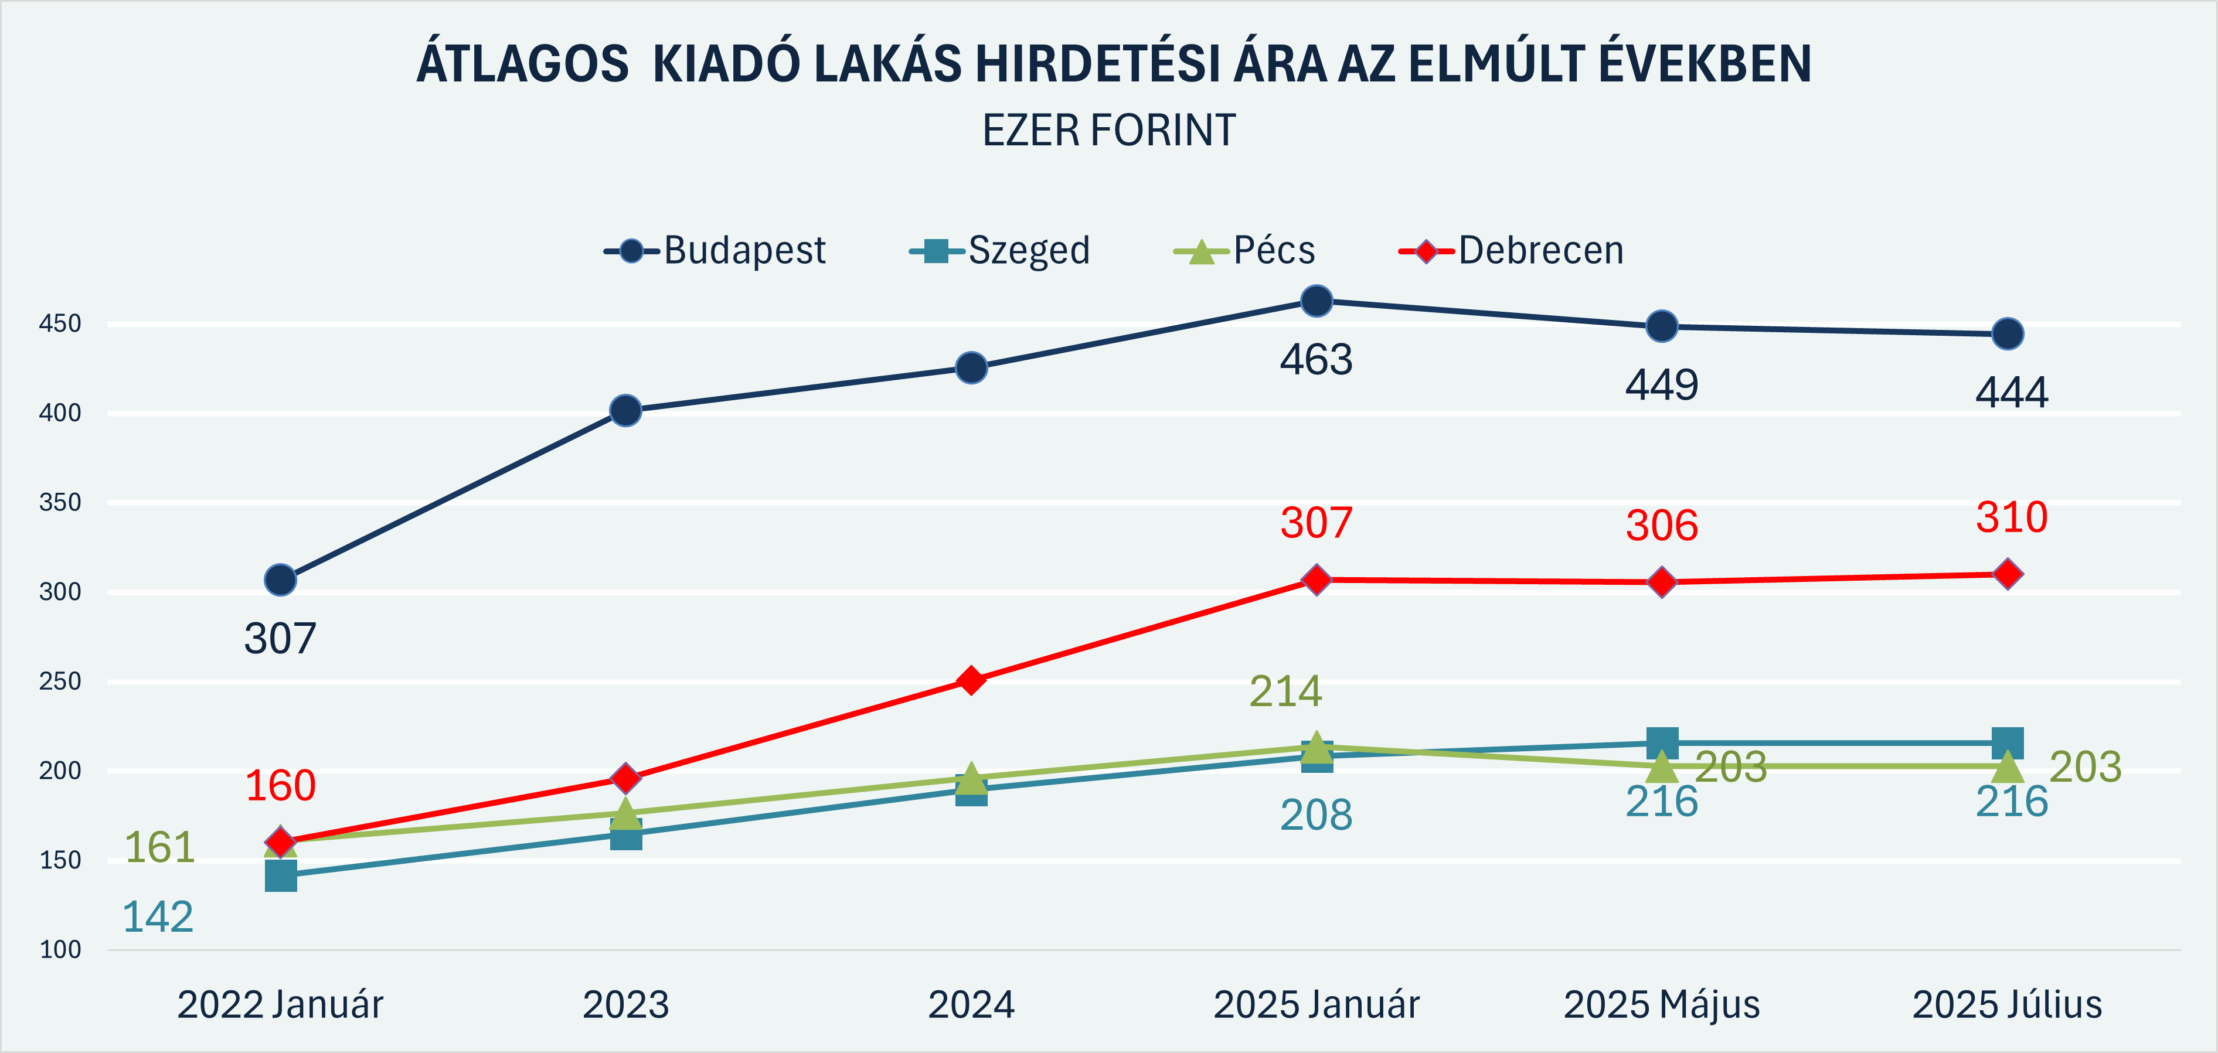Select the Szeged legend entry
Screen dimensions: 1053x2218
[x=1001, y=251]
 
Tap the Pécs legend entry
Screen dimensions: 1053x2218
[x=1245, y=251]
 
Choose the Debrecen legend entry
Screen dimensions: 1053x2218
[x=1512, y=251]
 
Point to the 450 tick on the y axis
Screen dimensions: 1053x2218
[x=60, y=323]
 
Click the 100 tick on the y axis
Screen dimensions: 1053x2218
[x=60, y=950]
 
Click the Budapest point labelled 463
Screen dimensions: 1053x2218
[x=1316, y=301]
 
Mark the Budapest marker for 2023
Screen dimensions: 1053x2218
[x=626, y=411]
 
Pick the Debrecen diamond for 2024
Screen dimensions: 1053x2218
[x=971, y=680]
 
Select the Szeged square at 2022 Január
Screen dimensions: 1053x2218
[x=281, y=875]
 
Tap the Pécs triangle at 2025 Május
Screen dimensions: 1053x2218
[x=1662, y=765]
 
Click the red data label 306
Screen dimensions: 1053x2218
[x=1662, y=525]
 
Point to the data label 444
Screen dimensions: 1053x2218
[x=2011, y=393]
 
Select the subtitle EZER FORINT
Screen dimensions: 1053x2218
[x=1109, y=131]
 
